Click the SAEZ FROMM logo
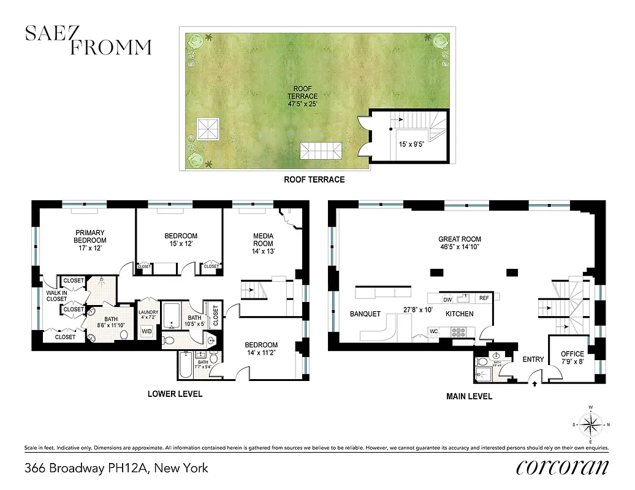(88, 40)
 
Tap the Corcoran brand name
(563, 467)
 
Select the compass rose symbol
(591, 424)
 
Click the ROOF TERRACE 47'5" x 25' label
(303, 96)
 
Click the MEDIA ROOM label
(263, 243)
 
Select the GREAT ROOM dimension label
(460, 244)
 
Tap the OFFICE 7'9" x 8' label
(572, 358)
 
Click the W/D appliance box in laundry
(147, 331)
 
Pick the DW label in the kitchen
(447, 300)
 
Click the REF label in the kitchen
(484, 298)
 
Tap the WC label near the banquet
(433, 332)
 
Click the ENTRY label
(532, 360)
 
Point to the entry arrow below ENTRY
(536, 384)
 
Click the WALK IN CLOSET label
(56, 296)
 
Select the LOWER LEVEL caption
(175, 394)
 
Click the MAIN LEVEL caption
(469, 396)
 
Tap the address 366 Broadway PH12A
(116, 469)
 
